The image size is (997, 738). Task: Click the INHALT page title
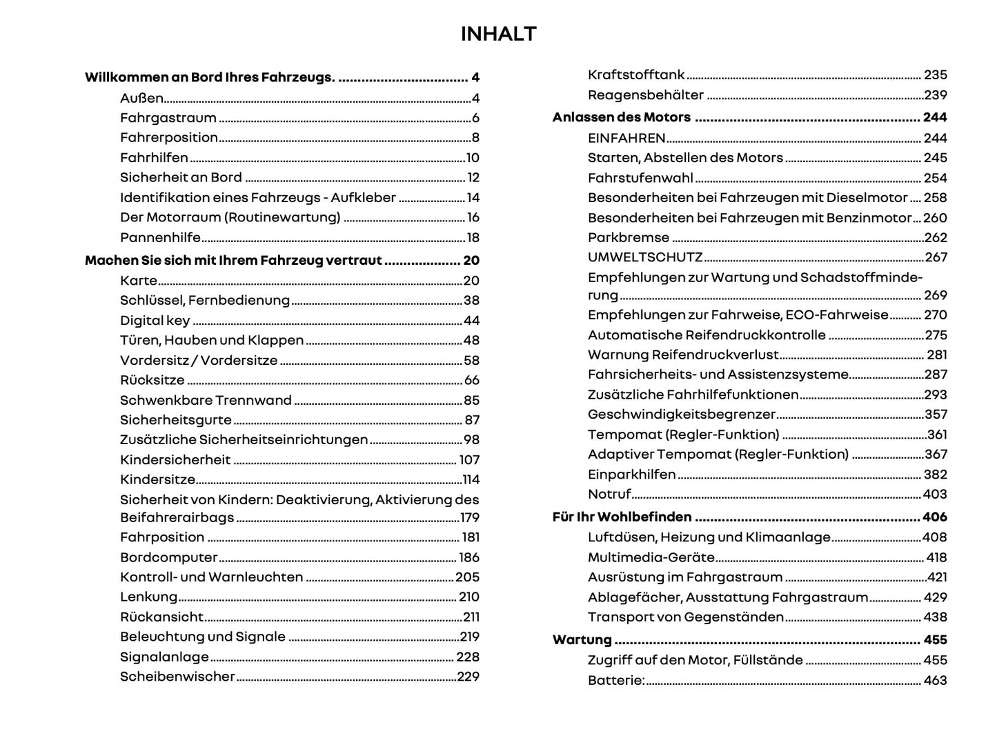click(x=498, y=34)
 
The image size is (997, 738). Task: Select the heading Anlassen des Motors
click(x=621, y=117)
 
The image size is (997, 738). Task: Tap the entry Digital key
click(x=155, y=321)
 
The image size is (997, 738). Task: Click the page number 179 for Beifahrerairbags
click(x=469, y=518)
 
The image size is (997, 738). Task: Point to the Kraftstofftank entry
click(x=636, y=75)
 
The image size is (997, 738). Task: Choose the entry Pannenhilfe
click(x=160, y=238)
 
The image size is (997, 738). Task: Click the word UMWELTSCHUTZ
click(x=644, y=257)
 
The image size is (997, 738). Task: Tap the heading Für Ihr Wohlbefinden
click(x=622, y=517)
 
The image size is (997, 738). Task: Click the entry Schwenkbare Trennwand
click(x=206, y=401)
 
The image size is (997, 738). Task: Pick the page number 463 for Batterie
click(x=935, y=681)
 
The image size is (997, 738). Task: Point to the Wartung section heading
click(x=582, y=640)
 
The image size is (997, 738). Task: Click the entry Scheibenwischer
click(x=177, y=677)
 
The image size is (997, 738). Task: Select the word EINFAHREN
click(x=626, y=138)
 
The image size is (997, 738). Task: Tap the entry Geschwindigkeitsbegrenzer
click(x=682, y=415)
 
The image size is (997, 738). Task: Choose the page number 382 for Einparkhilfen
click(x=935, y=475)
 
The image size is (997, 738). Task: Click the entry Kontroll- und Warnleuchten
click(x=211, y=577)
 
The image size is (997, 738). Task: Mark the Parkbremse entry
click(x=628, y=238)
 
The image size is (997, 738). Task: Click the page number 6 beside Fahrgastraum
click(x=475, y=118)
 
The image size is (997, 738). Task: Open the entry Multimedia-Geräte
click(x=651, y=557)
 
